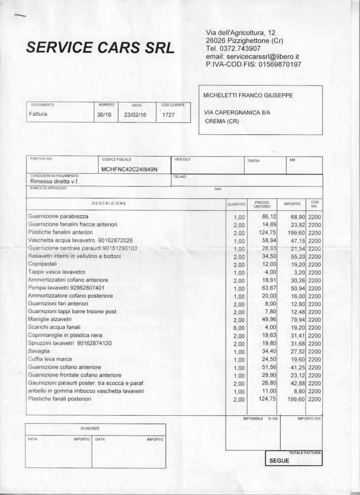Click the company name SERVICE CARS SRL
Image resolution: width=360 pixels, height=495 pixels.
tap(101, 47)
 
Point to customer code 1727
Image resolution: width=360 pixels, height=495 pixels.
tap(169, 115)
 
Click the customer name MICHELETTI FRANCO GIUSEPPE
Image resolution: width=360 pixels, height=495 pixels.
tap(248, 95)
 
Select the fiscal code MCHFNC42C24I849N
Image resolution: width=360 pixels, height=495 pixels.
tap(130, 170)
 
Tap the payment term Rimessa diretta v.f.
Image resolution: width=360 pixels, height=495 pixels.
tap(54, 181)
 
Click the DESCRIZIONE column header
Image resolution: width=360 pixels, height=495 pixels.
tap(109, 204)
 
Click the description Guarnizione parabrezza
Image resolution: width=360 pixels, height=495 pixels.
tap(58, 216)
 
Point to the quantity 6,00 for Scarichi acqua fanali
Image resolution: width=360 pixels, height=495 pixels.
tap(239, 327)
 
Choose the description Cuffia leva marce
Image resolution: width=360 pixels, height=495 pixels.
tap(50, 359)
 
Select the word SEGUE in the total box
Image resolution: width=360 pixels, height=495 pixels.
tap(279, 461)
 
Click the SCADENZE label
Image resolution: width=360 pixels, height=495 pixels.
tap(90, 428)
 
